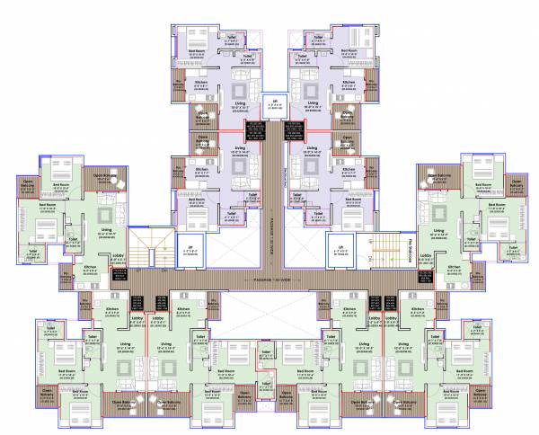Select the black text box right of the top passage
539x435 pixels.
click(292, 129)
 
